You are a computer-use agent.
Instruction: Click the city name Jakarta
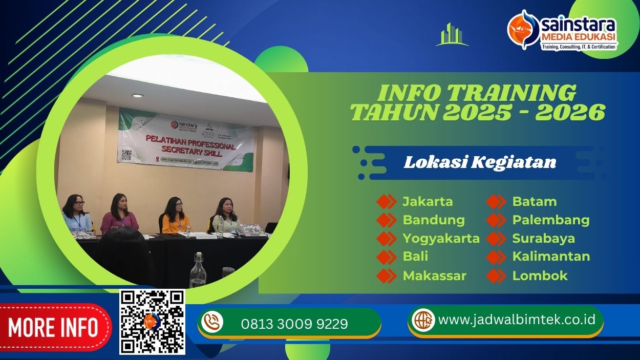[428, 201]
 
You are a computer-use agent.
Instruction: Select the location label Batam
[534, 201]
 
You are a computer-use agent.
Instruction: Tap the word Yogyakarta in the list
[441, 238]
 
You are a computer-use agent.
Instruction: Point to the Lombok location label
[540, 276]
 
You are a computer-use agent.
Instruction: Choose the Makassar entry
[434, 276]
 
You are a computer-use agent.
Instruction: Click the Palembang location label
[550, 220]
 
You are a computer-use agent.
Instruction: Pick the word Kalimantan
[551, 256]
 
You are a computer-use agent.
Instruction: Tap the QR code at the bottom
[152, 322]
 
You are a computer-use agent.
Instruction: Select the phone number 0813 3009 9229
[294, 324]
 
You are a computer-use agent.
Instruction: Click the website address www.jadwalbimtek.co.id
[517, 320]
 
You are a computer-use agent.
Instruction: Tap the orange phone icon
[212, 322]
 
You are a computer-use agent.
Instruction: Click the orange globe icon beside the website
[423, 320]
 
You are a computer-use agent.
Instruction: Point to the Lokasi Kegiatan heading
[480, 162]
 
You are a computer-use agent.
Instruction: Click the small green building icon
[452, 35]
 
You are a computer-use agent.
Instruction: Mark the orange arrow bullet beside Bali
[386, 257]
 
